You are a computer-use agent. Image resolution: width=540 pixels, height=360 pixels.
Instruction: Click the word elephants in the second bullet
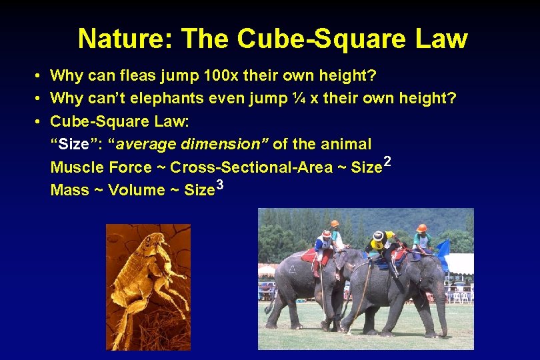174,99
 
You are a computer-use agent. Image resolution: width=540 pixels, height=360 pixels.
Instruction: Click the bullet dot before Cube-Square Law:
40,121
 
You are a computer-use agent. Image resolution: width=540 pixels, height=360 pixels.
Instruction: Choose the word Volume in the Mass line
136,190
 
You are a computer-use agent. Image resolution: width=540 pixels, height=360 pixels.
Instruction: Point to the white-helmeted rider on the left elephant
325,243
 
